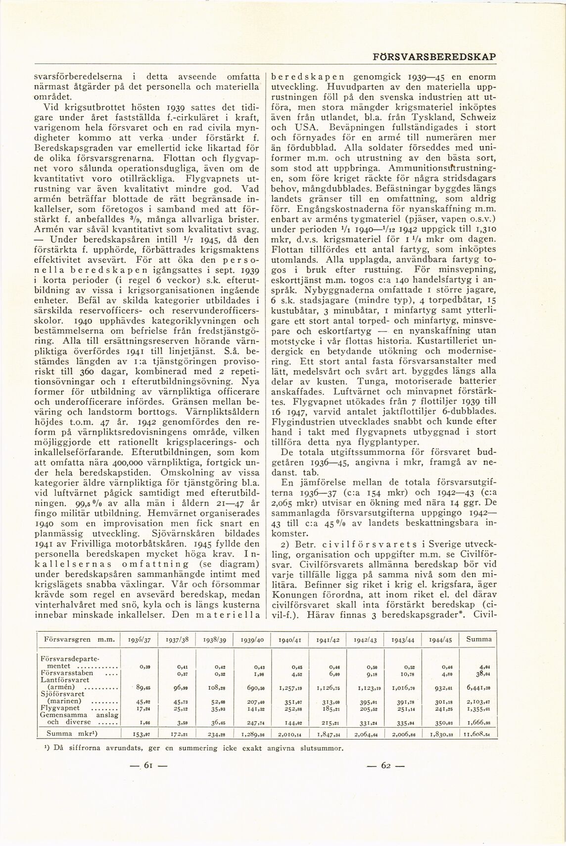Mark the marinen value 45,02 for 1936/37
tap(142, 703)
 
